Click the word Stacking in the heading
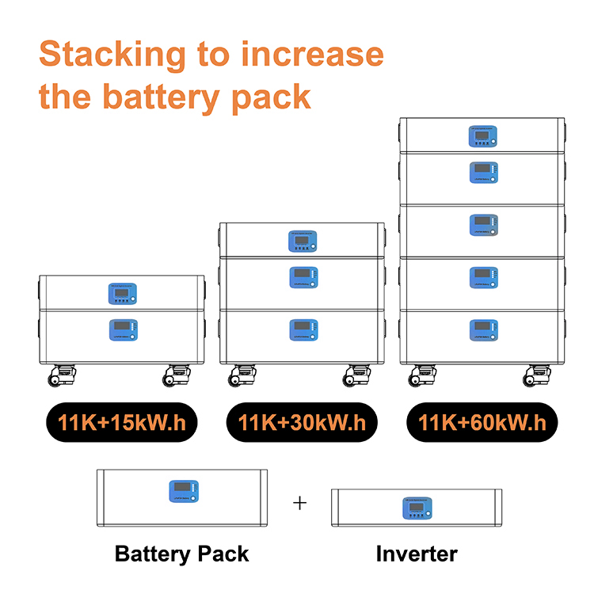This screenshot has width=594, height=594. pyautogui.click(x=111, y=55)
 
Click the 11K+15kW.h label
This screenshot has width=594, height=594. pyautogui.click(x=121, y=422)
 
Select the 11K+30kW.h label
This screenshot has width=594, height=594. pyautogui.click(x=302, y=422)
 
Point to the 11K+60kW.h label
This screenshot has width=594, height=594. pyautogui.click(x=482, y=422)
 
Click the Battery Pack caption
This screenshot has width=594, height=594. pyautogui.click(x=182, y=554)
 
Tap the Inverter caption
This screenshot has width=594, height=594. pyautogui.click(x=417, y=554)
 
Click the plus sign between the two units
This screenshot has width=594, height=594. pyautogui.click(x=299, y=503)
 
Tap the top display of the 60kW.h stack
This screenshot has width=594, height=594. pyautogui.click(x=482, y=136)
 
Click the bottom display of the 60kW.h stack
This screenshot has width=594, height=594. pyautogui.click(x=482, y=329)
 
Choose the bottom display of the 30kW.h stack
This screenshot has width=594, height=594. pyautogui.click(x=302, y=329)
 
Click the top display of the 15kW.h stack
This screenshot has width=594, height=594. pyautogui.click(x=121, y=295)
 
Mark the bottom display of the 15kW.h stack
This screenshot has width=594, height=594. pyautogui.click(x=121, y=329)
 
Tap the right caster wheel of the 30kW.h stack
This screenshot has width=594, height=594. pyautogui.click(x=359, y=375)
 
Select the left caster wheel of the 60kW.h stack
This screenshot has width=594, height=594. pyautogui.click(x=421, y=375)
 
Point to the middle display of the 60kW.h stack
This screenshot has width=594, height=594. pyautogui.click(x=482, y=225)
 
